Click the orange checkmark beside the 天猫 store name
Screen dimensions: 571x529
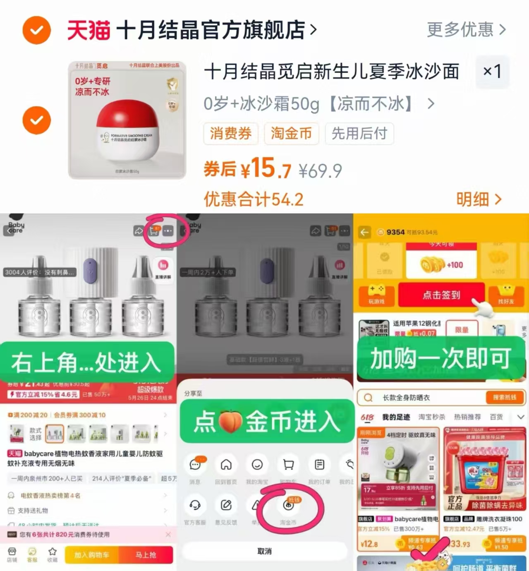coord(37,30)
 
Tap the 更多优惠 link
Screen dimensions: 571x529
coord(466,30)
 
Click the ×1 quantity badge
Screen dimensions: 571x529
coord(492,72)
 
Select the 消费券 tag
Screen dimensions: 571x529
coord(231,134)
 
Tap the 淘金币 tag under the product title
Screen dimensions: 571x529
coord(291,134)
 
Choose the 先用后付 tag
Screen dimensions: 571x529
coord(359,134)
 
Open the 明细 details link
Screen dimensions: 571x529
coord(479,199)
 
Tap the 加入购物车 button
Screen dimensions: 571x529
coord(91,555)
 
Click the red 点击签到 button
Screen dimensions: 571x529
coord(441,295)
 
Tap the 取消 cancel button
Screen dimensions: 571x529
coord(264,551)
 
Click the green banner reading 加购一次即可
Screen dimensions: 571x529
coord(441,358)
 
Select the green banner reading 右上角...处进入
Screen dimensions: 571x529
coord(87,362)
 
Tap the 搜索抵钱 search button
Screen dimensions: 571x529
coord(504,398)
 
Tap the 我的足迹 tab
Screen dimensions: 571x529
coord(396,417)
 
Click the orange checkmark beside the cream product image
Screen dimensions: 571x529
coord(37,120)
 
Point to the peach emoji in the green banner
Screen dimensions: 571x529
coord(230,422)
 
